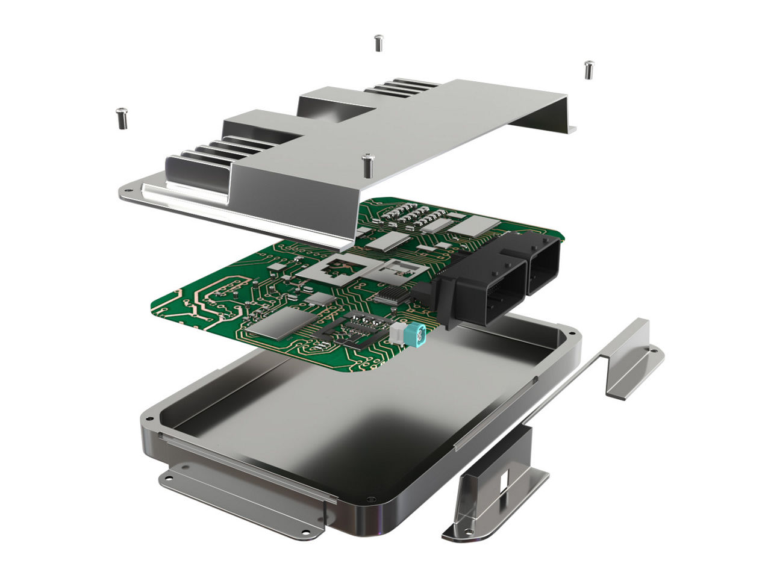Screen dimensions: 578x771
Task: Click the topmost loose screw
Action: pyautogui.click(x=378, y=43)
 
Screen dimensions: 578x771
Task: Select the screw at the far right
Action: pyautogui.click(x=588, y=69)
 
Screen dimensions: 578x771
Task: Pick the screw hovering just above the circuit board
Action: pyautogui.click(x=367, y=164)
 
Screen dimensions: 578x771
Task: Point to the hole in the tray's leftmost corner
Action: pyautogui.click(x=147, y=415)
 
